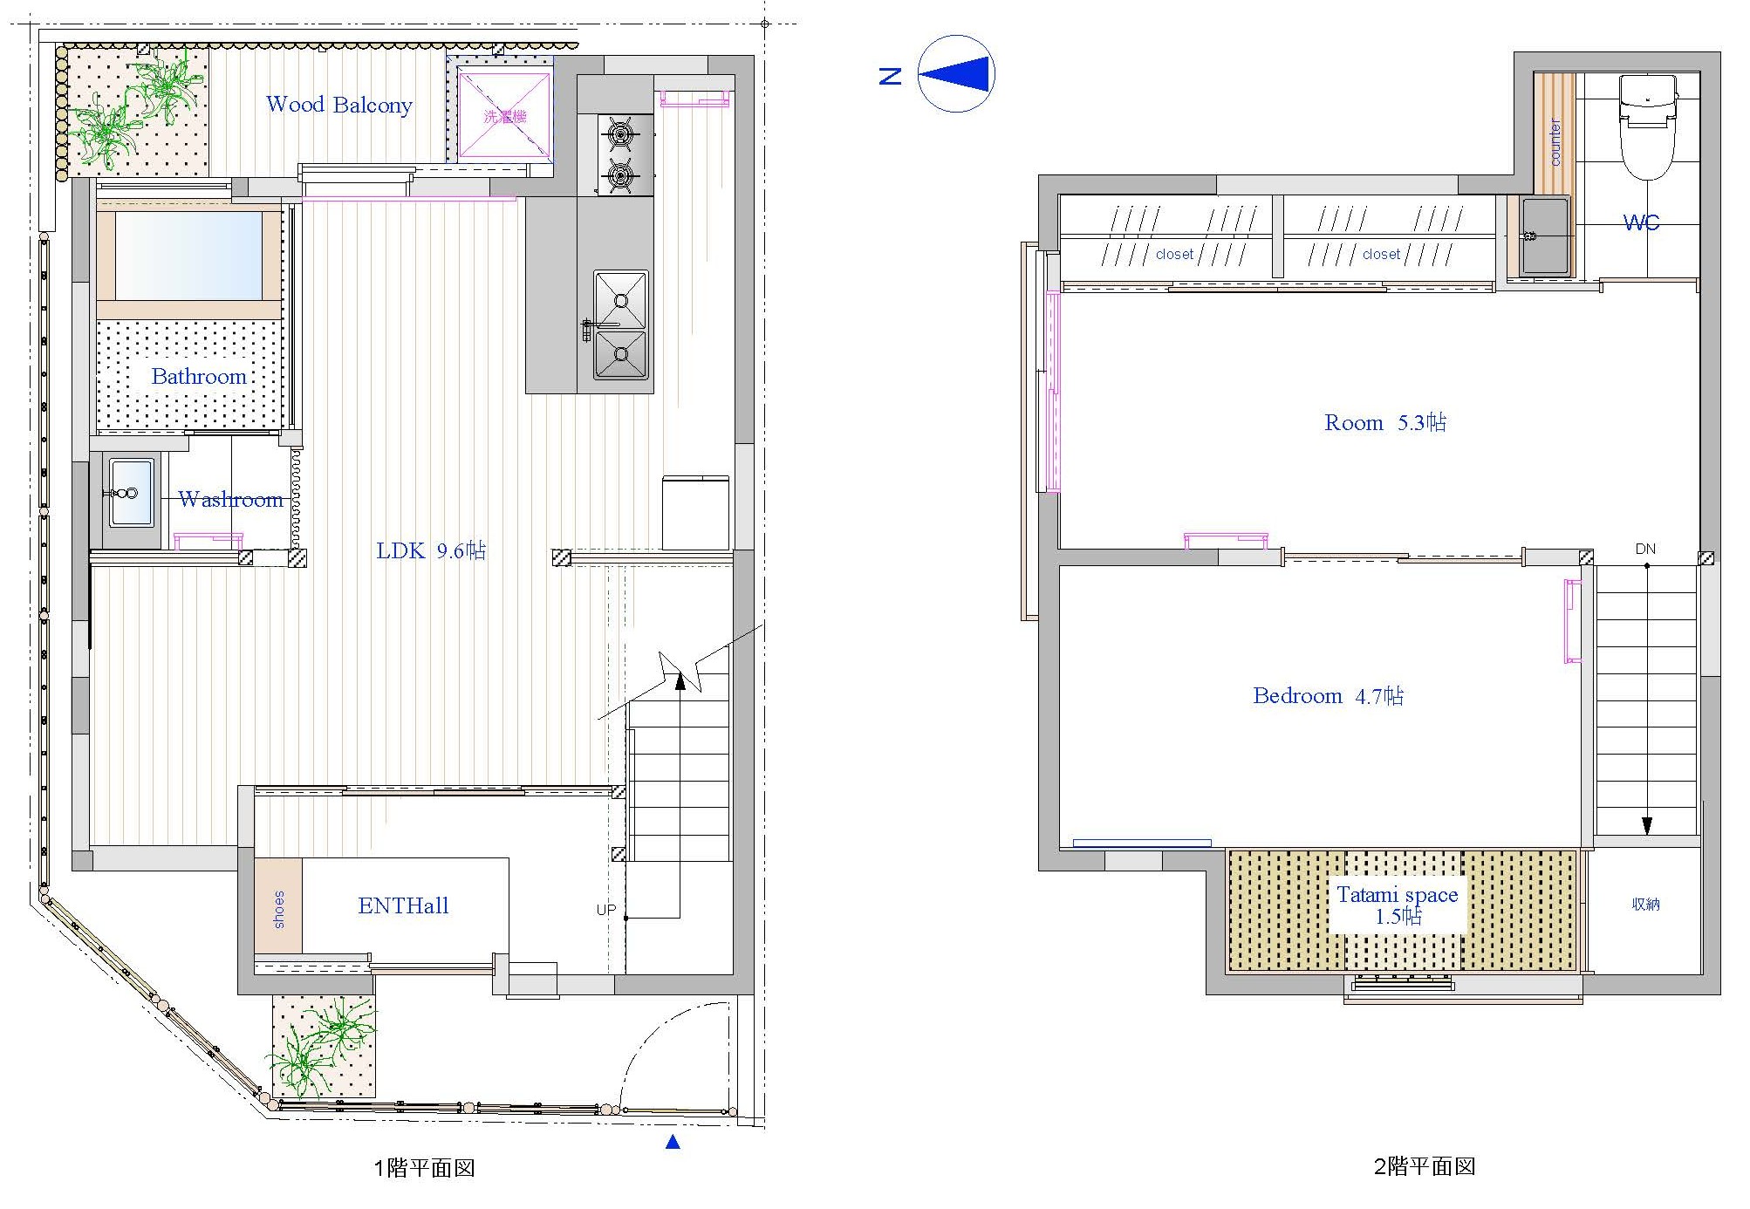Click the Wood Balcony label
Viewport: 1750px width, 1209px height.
coord(338,105)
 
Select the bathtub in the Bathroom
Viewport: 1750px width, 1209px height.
coord(189,255)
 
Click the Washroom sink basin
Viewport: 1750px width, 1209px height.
coord(132,492)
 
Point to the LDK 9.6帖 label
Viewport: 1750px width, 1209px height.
coord(431,550)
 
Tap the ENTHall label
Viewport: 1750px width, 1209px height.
coord(403,905)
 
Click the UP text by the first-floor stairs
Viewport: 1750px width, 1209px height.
coord(606,910)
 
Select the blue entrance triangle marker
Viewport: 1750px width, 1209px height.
coord(673,1142)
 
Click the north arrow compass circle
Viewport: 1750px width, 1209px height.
coord(957,74)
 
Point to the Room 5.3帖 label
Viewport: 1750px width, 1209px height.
coord(1385,423)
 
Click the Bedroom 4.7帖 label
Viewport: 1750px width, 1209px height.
coord(1328,695)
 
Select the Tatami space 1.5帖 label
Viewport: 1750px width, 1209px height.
coord(1398,905)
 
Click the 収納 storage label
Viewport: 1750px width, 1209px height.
coord(1645,905)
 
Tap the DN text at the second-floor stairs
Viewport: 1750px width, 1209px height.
coord(1645,549)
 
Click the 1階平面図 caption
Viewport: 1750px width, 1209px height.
coord(424,1168)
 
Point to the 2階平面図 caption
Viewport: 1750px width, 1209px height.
coord(1425,1167)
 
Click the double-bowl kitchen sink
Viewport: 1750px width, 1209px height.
coord(621,325)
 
